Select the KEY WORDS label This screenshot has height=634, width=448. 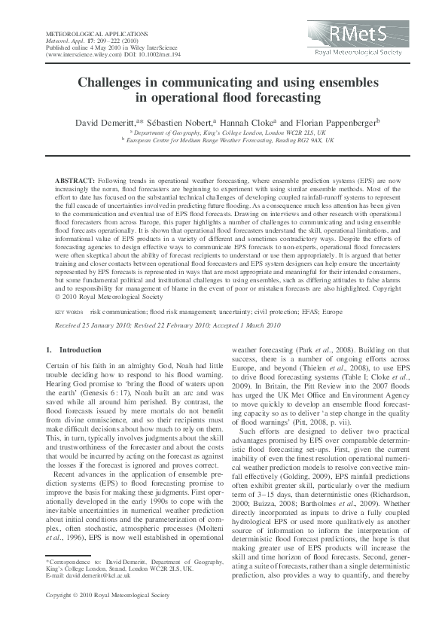click(69, 311)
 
